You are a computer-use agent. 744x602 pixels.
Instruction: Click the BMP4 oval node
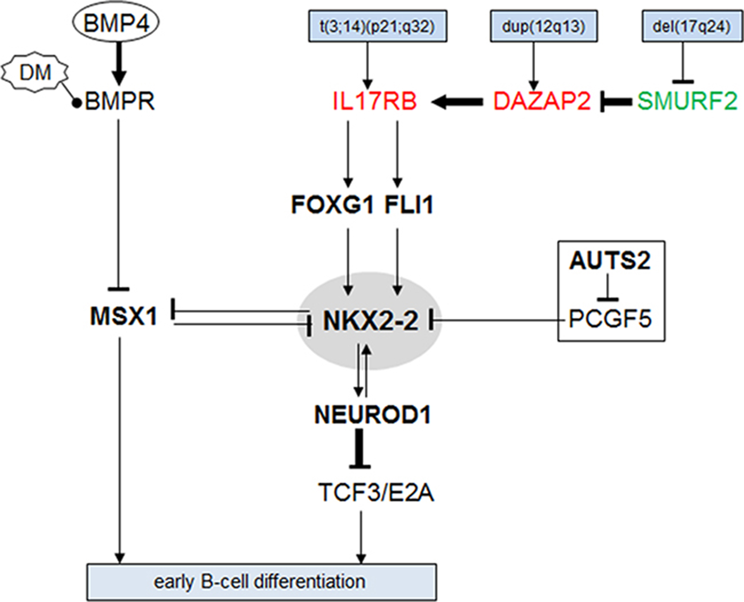[x=116, y=23]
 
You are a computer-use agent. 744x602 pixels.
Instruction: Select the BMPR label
[x=120, y=101]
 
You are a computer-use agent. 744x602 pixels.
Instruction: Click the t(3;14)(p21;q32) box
[x=377, y=26]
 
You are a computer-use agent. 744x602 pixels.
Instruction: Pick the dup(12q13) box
[x=544, y=26]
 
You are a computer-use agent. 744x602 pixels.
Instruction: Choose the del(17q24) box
[x=692, y=26]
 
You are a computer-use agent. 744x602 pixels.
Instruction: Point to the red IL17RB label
[x=374, y=101]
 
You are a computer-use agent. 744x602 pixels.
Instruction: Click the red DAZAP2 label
[x=542, y=101]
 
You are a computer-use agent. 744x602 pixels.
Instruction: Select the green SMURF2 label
[x=687, y=101]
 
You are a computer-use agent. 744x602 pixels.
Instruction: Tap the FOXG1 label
[x=333, y=205]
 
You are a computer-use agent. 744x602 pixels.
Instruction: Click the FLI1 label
[x=409, y=205]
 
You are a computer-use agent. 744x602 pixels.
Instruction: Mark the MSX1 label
[x=124, y=317]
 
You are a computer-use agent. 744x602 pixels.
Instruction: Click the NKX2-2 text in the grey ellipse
[x=371, y=321]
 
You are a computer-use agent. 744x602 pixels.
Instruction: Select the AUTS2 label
[x=610, y=261]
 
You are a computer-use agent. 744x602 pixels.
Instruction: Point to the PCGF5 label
[x=610, y=319]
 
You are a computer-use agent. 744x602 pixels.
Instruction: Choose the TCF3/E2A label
[x=376, y=493]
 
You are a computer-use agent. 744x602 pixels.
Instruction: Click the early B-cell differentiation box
[x=261, y=582]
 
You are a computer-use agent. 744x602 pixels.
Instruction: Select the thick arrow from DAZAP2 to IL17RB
[x=457, y=101]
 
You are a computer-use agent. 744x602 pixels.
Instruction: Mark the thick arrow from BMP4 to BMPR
[x=119, y=62]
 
